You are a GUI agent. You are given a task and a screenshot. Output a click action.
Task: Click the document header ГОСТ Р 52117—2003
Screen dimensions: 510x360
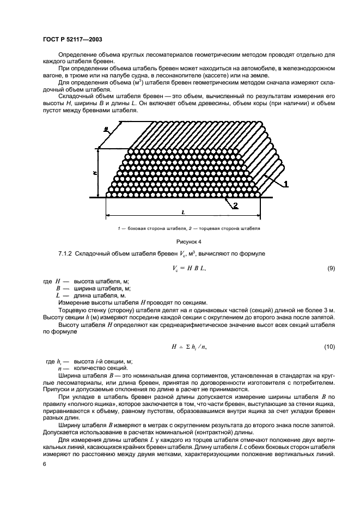(68, 39)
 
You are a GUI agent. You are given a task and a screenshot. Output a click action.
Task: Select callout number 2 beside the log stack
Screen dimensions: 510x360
(235, 205)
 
